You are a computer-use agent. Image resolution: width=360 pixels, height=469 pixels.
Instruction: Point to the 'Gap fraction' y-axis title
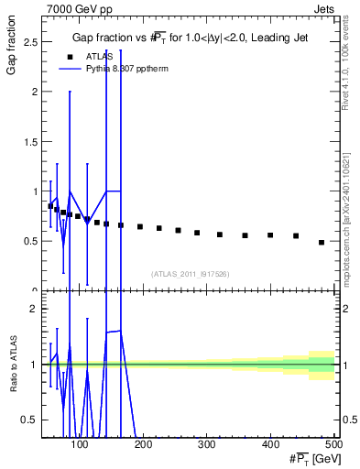[12, 55]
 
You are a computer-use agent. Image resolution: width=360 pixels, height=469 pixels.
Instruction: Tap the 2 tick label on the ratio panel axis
[35, 309]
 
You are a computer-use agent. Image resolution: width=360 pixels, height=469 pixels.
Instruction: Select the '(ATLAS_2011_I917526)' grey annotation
[190, 274]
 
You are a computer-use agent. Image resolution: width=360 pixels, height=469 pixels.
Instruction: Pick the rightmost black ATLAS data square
[322, 243]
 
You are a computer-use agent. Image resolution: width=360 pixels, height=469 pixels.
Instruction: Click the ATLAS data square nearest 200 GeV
[140, 226]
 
